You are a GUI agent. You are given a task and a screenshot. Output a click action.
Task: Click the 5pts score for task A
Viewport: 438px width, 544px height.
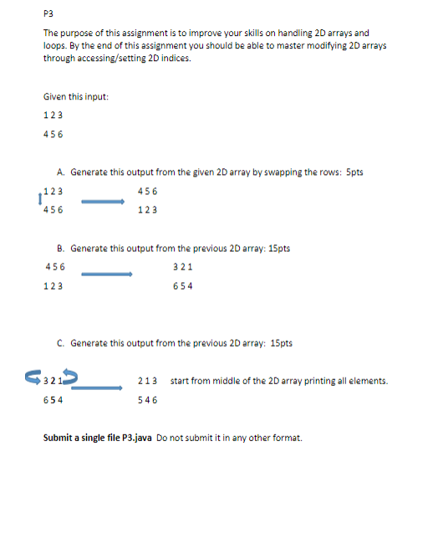(x=354, y=172)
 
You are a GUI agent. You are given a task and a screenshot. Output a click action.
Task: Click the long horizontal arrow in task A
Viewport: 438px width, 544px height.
(x=102, y=200)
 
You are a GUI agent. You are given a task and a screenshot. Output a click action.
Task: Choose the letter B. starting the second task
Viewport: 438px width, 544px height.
(x=62, y=249)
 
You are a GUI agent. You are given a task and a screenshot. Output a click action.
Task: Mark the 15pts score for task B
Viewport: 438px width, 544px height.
(x=278, y=249)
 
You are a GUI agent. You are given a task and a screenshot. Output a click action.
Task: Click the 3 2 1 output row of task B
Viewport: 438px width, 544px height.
(x=182, y=267)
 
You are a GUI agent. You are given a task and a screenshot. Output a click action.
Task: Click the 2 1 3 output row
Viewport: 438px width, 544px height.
(x=148, y=382)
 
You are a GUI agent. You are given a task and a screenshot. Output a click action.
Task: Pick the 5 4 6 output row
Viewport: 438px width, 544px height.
(x=148, y=400)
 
